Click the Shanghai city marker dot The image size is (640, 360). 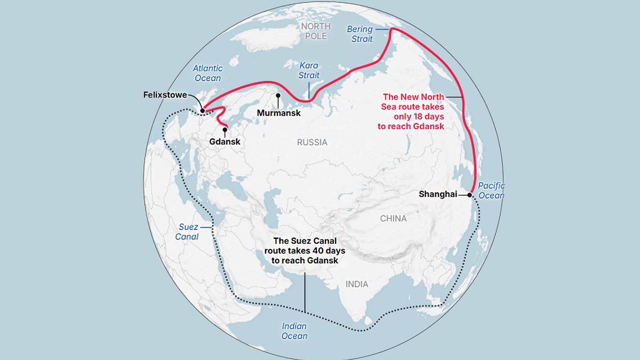(470, 195)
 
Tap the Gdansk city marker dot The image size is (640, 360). (225, 129)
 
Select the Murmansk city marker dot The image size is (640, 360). (278, 95)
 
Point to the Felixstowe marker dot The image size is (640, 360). (202, 111)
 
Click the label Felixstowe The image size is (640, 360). (165, 95)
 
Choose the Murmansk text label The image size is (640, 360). (278, 113)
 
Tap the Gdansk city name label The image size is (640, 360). (225, 142)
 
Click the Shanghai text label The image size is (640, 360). (438, 195)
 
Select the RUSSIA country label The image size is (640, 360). (312, 142)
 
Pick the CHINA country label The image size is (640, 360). (393, 218)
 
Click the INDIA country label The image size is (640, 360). (357, 284)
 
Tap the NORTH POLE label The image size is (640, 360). (316, 31)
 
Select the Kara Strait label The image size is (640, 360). (309, 70)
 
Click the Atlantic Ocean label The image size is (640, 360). (207, 73)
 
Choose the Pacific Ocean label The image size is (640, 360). (491, 190)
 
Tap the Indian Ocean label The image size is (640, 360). (294, 331)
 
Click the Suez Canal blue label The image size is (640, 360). (188, 231)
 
